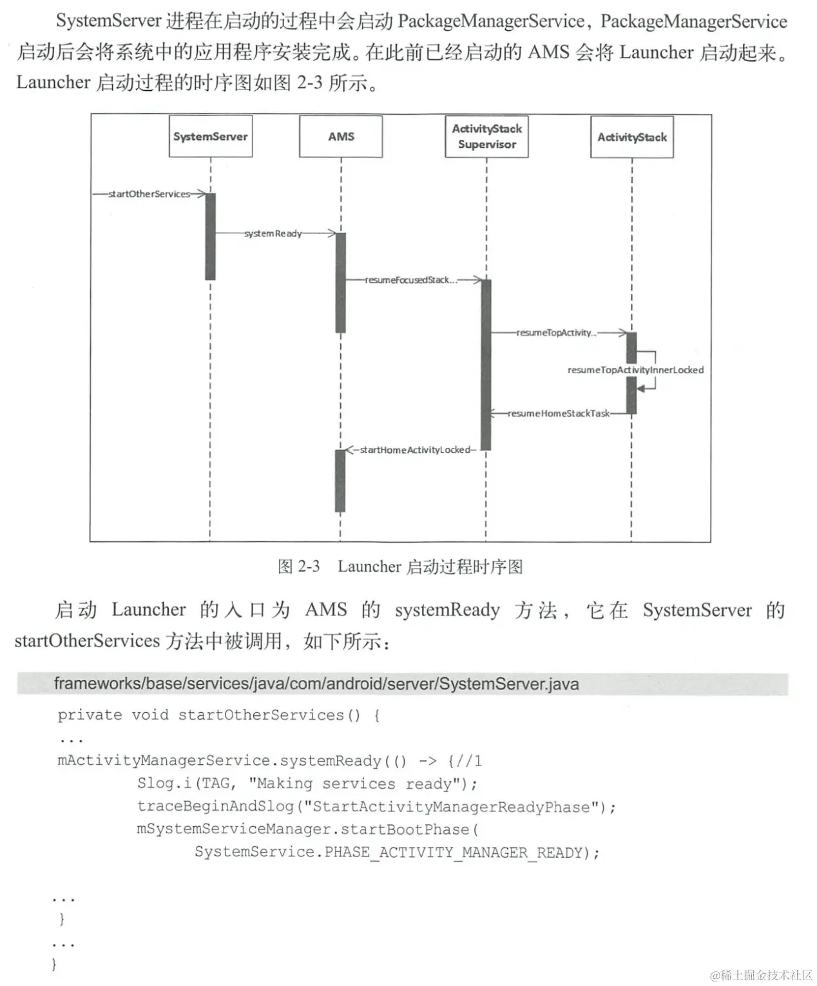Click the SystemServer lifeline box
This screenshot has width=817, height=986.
(211, 136)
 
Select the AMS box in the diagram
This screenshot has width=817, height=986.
(341, 136)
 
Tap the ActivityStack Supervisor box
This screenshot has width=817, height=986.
(486, 137)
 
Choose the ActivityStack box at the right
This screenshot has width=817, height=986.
(632, 137)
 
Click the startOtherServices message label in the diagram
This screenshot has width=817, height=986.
(149, 194)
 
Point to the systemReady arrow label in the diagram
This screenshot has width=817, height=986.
(273, 234)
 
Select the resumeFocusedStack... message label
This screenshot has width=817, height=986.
(411, 280)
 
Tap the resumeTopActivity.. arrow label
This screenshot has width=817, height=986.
(556, 333)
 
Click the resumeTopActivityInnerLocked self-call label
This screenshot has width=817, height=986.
(636, 370)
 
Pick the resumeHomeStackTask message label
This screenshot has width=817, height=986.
(559, 414)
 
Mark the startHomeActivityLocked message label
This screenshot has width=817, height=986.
(415, 450)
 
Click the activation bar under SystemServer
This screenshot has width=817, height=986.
(210, 237)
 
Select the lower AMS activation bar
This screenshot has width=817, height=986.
(340, 481)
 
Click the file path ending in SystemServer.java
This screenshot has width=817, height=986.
(316, 684)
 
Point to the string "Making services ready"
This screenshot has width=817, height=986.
(354, 784)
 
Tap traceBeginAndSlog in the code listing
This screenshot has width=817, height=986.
(216, 807)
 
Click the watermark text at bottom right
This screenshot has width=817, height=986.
(762, 975)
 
